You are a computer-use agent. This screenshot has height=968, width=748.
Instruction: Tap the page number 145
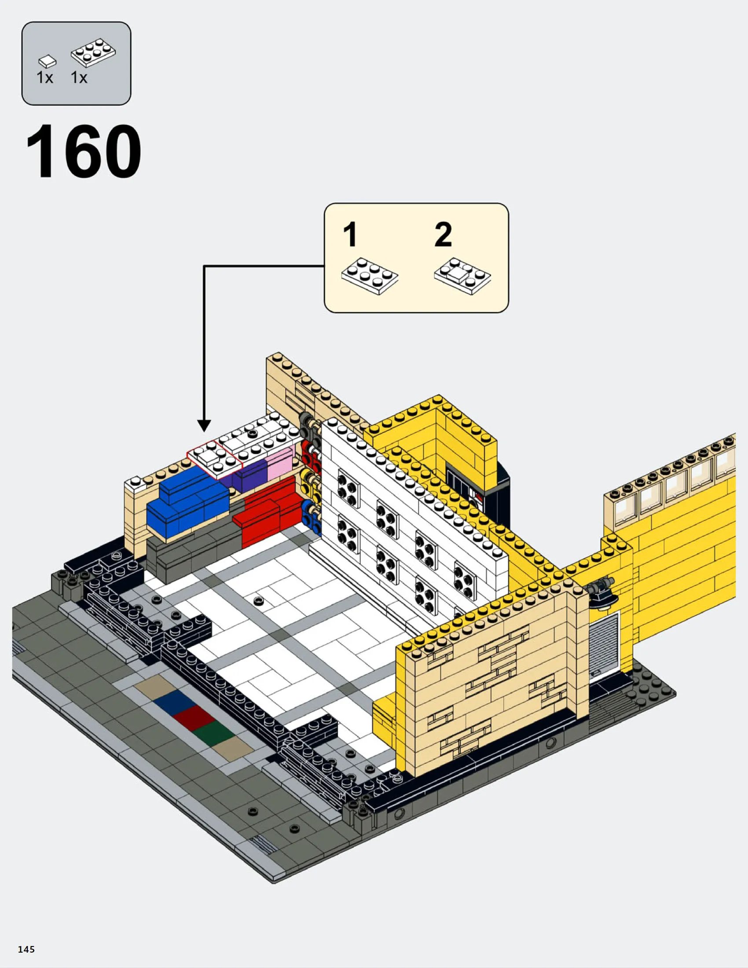click(26, 949)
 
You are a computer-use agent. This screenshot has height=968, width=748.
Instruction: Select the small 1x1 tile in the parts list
click(47, 62)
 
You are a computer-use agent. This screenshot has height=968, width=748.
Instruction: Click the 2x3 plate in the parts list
click(93, 52)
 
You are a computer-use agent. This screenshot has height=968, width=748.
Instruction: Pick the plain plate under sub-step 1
click(370, 276)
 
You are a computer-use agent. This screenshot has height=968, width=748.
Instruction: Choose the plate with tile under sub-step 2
click(462, 276)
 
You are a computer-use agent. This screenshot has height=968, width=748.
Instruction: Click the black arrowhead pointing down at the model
click(204, 425)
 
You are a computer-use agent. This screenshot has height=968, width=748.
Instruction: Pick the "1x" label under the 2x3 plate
click(79, 78)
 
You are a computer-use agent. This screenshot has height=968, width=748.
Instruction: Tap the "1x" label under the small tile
click(45, 78)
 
